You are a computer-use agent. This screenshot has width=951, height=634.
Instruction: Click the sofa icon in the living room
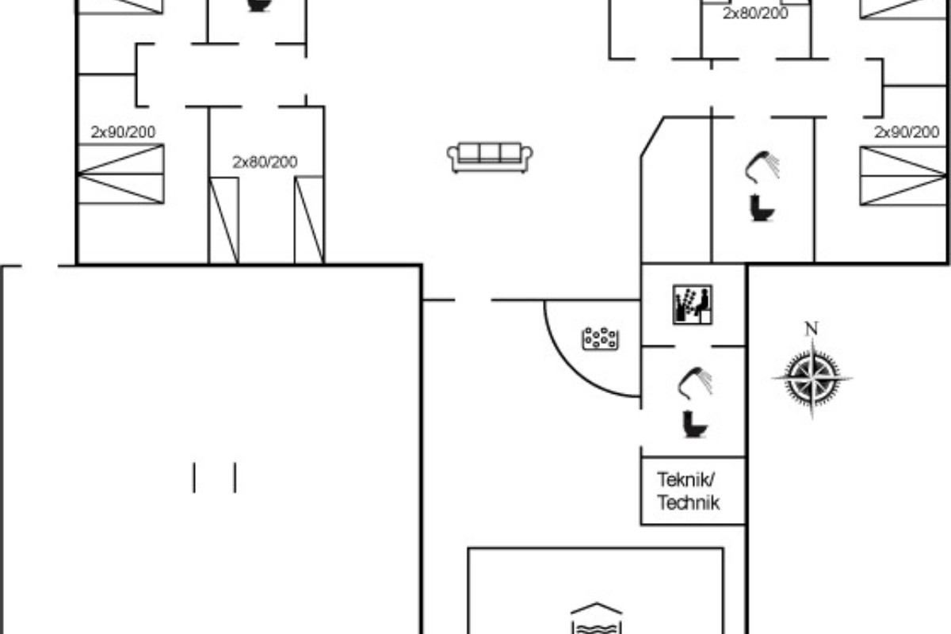click(490, 158)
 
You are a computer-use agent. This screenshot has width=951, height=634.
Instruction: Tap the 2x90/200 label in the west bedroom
click(123, 132)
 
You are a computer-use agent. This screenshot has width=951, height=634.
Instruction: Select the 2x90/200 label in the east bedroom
click(907, 132)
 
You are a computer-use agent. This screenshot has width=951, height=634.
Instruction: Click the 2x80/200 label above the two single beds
click(265, 162)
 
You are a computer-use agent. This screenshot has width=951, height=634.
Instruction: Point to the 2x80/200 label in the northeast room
click(756, 13)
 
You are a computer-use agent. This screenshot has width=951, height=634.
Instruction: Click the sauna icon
click(693, 304)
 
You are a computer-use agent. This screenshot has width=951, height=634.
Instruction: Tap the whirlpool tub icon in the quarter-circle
click(601, 338)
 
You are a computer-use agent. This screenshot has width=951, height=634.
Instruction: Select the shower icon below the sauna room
click(694, 383)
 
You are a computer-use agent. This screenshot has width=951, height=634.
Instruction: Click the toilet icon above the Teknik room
click(694, 424)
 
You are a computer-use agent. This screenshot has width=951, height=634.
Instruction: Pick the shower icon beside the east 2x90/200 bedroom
click(762, 167)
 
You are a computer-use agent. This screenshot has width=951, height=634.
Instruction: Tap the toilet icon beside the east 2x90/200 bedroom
click(762, 208)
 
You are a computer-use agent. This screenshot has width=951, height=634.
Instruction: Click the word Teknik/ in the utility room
click(686, 480)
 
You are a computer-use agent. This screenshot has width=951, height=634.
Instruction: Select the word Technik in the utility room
click(689, 503)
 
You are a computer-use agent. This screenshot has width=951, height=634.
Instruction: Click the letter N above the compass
click(812, 329)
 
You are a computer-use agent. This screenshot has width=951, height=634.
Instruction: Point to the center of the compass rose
click(812, 377)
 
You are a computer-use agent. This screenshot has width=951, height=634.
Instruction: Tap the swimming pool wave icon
click(597, 619)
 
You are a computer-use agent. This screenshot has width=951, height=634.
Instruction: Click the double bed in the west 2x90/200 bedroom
click(120, 174)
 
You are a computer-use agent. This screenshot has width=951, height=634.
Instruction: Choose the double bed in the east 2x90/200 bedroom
click(903, 176)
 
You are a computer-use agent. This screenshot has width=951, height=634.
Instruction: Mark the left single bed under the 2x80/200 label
click(223, 220)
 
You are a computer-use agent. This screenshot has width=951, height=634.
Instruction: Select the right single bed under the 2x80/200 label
click(310, 220)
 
